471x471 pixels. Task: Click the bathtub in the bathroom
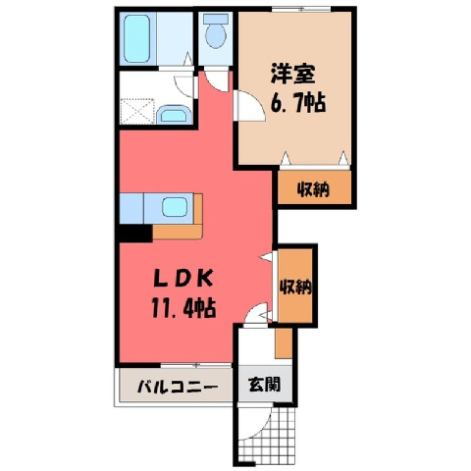point(137,38)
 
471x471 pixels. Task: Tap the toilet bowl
point(216,32)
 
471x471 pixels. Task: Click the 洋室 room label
point(292,74)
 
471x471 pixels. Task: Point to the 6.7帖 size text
point(297,102)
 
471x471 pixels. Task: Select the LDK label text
point(183,280)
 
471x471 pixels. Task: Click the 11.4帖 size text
point(183,308)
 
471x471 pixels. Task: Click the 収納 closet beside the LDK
point(294,286)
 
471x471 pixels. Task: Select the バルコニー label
point(178,388)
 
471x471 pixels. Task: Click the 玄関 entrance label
point(265,385)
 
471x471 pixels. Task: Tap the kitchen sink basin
point(175,207)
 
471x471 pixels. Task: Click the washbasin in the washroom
point(174,115)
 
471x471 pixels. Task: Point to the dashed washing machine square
point(137,111)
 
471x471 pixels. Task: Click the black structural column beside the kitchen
point(135,233)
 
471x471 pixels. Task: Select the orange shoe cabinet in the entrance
point(284,342)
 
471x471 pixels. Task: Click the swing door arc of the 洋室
point(257,101)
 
